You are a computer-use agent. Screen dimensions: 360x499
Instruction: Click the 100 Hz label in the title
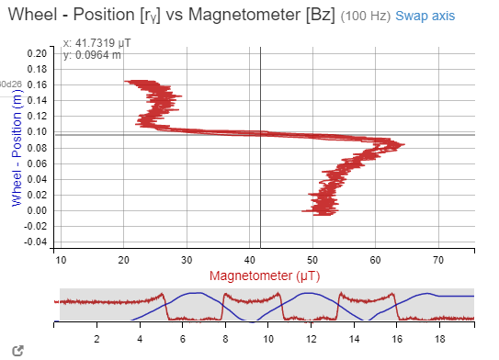368,17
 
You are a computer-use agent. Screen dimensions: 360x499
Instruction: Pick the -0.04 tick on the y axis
34,242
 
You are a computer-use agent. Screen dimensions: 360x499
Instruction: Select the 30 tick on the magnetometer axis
187,258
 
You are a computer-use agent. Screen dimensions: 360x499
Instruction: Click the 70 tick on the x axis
437,258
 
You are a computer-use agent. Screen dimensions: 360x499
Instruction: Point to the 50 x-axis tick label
312,258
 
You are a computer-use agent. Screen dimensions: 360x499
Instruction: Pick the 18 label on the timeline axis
437,339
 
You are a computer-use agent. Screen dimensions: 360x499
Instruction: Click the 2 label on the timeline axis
97,339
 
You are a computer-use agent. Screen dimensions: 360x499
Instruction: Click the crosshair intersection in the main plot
261,135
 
